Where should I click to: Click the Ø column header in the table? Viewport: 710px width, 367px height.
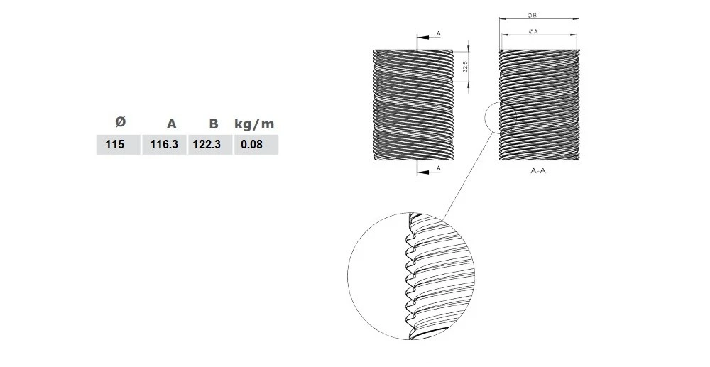tap(119, 122)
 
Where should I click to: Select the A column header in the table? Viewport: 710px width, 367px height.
tap(171, 124)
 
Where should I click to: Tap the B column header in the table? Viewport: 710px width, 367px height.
tap(213, 124)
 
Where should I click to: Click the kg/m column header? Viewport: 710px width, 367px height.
tap(253, 124)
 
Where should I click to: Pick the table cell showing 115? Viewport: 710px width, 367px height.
tap(114, 145)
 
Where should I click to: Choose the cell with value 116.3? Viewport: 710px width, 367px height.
tap(164, 145)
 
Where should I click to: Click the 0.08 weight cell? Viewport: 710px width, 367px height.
tap(252, 145)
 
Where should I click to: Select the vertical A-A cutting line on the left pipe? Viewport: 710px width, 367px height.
tap(417, 106)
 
